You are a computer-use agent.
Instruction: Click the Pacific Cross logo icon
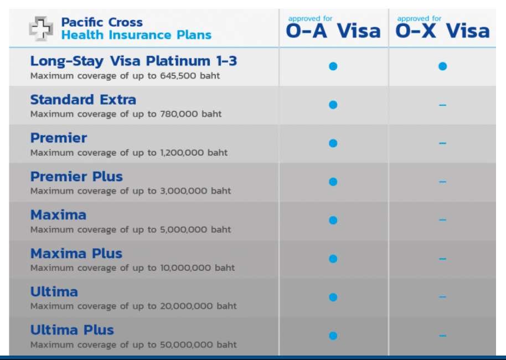pyautogui.click(x=41, y=29)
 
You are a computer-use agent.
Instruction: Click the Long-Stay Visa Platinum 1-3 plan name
pyautogui.click(x=133, y=61)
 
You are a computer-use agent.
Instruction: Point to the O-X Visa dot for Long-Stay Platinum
pyautogui.click(x=442, y=66)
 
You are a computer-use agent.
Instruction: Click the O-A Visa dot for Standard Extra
pyautogui.click(x=333, y=105)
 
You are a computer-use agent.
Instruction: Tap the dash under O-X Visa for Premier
pyautogui.click(x=442, y=143)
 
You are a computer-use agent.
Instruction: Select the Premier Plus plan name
pyautogui.click(x=76, y=177)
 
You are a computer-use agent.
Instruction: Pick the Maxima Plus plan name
pyautogui.click(x=76, y=254)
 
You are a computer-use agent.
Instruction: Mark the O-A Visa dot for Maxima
pyautogui.click(x=333, y=220)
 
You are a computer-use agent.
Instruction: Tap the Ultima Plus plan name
pyautogui.click(x=72, y=330)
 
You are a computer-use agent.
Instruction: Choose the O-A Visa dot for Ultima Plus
pyautogui.click(x=333, y=336)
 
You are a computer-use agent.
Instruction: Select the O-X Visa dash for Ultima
pyautogui.click(x=442, y=297)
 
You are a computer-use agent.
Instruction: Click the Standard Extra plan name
pyautogui.click(x=83, y=100)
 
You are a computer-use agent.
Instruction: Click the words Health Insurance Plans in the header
pyautogui.click(x=136, y=35)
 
